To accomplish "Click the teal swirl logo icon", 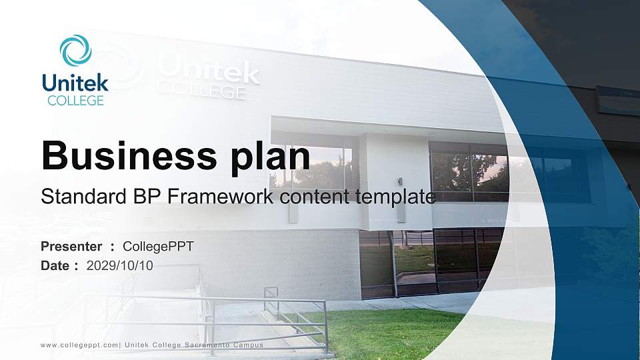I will [x=75, y=50].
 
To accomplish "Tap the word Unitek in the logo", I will [x=75, y=83].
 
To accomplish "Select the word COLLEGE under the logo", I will [x=75, y=101].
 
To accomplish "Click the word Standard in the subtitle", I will [x=75, y=197].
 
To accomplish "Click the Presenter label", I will [x=71, y=247].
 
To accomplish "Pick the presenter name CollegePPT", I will [x=159, y=247].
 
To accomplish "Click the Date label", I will [x=55, y=265].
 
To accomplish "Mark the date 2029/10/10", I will [x=120, y=265].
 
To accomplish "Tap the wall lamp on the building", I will [x=400, y=181].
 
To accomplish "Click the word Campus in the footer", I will [x=249, y=345].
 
